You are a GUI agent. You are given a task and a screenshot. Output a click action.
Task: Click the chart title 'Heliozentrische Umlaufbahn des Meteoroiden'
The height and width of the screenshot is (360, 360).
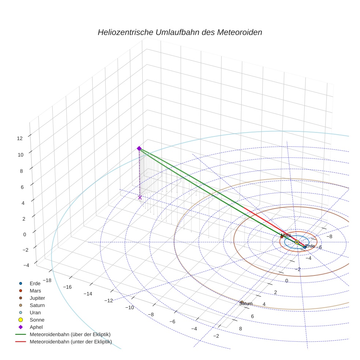180,32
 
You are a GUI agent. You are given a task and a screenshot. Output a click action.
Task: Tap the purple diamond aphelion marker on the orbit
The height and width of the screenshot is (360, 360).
139,148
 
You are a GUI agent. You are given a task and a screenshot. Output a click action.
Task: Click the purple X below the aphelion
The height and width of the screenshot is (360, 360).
140,198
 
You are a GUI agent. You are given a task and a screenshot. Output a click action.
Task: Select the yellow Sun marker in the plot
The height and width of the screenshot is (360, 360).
297,242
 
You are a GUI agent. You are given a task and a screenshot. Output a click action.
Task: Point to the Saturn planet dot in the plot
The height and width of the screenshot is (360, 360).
242,302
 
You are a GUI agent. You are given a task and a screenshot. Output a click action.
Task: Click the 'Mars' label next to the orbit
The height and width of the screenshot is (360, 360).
286,235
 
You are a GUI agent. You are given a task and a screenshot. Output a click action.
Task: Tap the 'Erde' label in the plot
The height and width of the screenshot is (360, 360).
310,246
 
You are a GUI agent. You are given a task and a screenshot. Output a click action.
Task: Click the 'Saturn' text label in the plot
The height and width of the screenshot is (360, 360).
246,304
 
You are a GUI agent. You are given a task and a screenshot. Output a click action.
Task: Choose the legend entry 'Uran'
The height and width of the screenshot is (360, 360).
35,312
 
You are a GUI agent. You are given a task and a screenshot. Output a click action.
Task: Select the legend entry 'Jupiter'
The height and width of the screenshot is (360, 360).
37,298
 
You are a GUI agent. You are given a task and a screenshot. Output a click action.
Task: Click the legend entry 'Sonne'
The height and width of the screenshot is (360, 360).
37,320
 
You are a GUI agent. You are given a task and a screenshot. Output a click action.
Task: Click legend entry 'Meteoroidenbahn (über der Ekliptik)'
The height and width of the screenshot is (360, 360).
70,334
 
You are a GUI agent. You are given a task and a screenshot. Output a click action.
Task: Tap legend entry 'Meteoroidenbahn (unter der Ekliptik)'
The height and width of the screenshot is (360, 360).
71,342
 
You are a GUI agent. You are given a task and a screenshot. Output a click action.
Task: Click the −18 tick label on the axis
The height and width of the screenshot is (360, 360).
46,280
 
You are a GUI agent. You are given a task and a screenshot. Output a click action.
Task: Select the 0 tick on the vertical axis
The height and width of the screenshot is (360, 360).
25,235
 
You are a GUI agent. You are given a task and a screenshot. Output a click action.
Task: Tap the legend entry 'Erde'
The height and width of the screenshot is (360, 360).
35,283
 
